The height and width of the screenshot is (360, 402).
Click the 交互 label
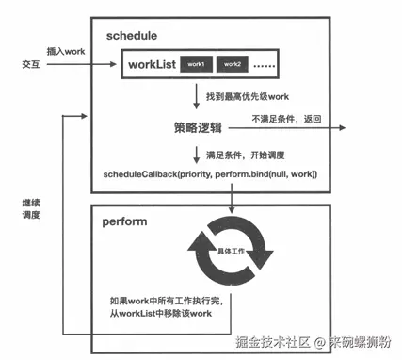coord(32,64)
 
